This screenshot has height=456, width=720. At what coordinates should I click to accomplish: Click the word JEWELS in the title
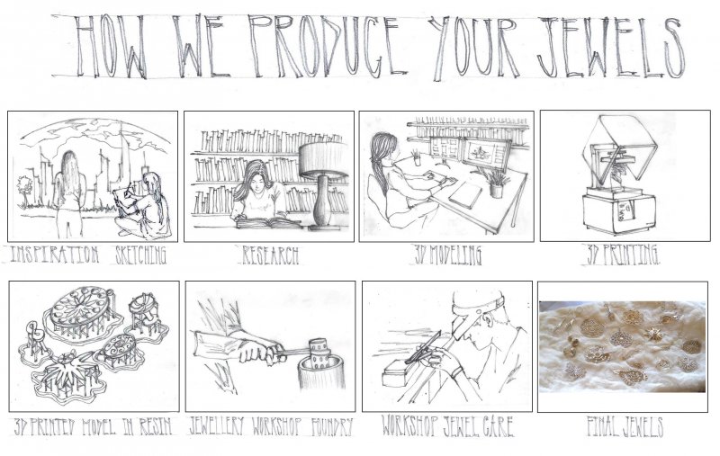click(610, 48)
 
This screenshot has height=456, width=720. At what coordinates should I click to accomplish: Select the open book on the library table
click(268, 223)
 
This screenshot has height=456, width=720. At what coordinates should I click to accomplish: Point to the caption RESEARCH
click(270, 255)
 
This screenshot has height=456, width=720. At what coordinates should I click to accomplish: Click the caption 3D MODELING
click(447, 255)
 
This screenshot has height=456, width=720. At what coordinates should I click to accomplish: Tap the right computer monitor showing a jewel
click(487, 154)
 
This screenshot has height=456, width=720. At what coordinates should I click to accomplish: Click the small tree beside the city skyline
click(23, 191)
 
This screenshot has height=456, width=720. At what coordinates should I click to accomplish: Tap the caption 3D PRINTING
click(623, 255)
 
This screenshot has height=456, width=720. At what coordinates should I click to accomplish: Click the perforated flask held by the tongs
click(320, 353)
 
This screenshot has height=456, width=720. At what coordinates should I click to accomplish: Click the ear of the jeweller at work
click(487, 318)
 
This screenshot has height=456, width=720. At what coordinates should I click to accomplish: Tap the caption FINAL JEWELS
click(625, 426)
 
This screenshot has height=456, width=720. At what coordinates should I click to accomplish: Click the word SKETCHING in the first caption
click(140, 255)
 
